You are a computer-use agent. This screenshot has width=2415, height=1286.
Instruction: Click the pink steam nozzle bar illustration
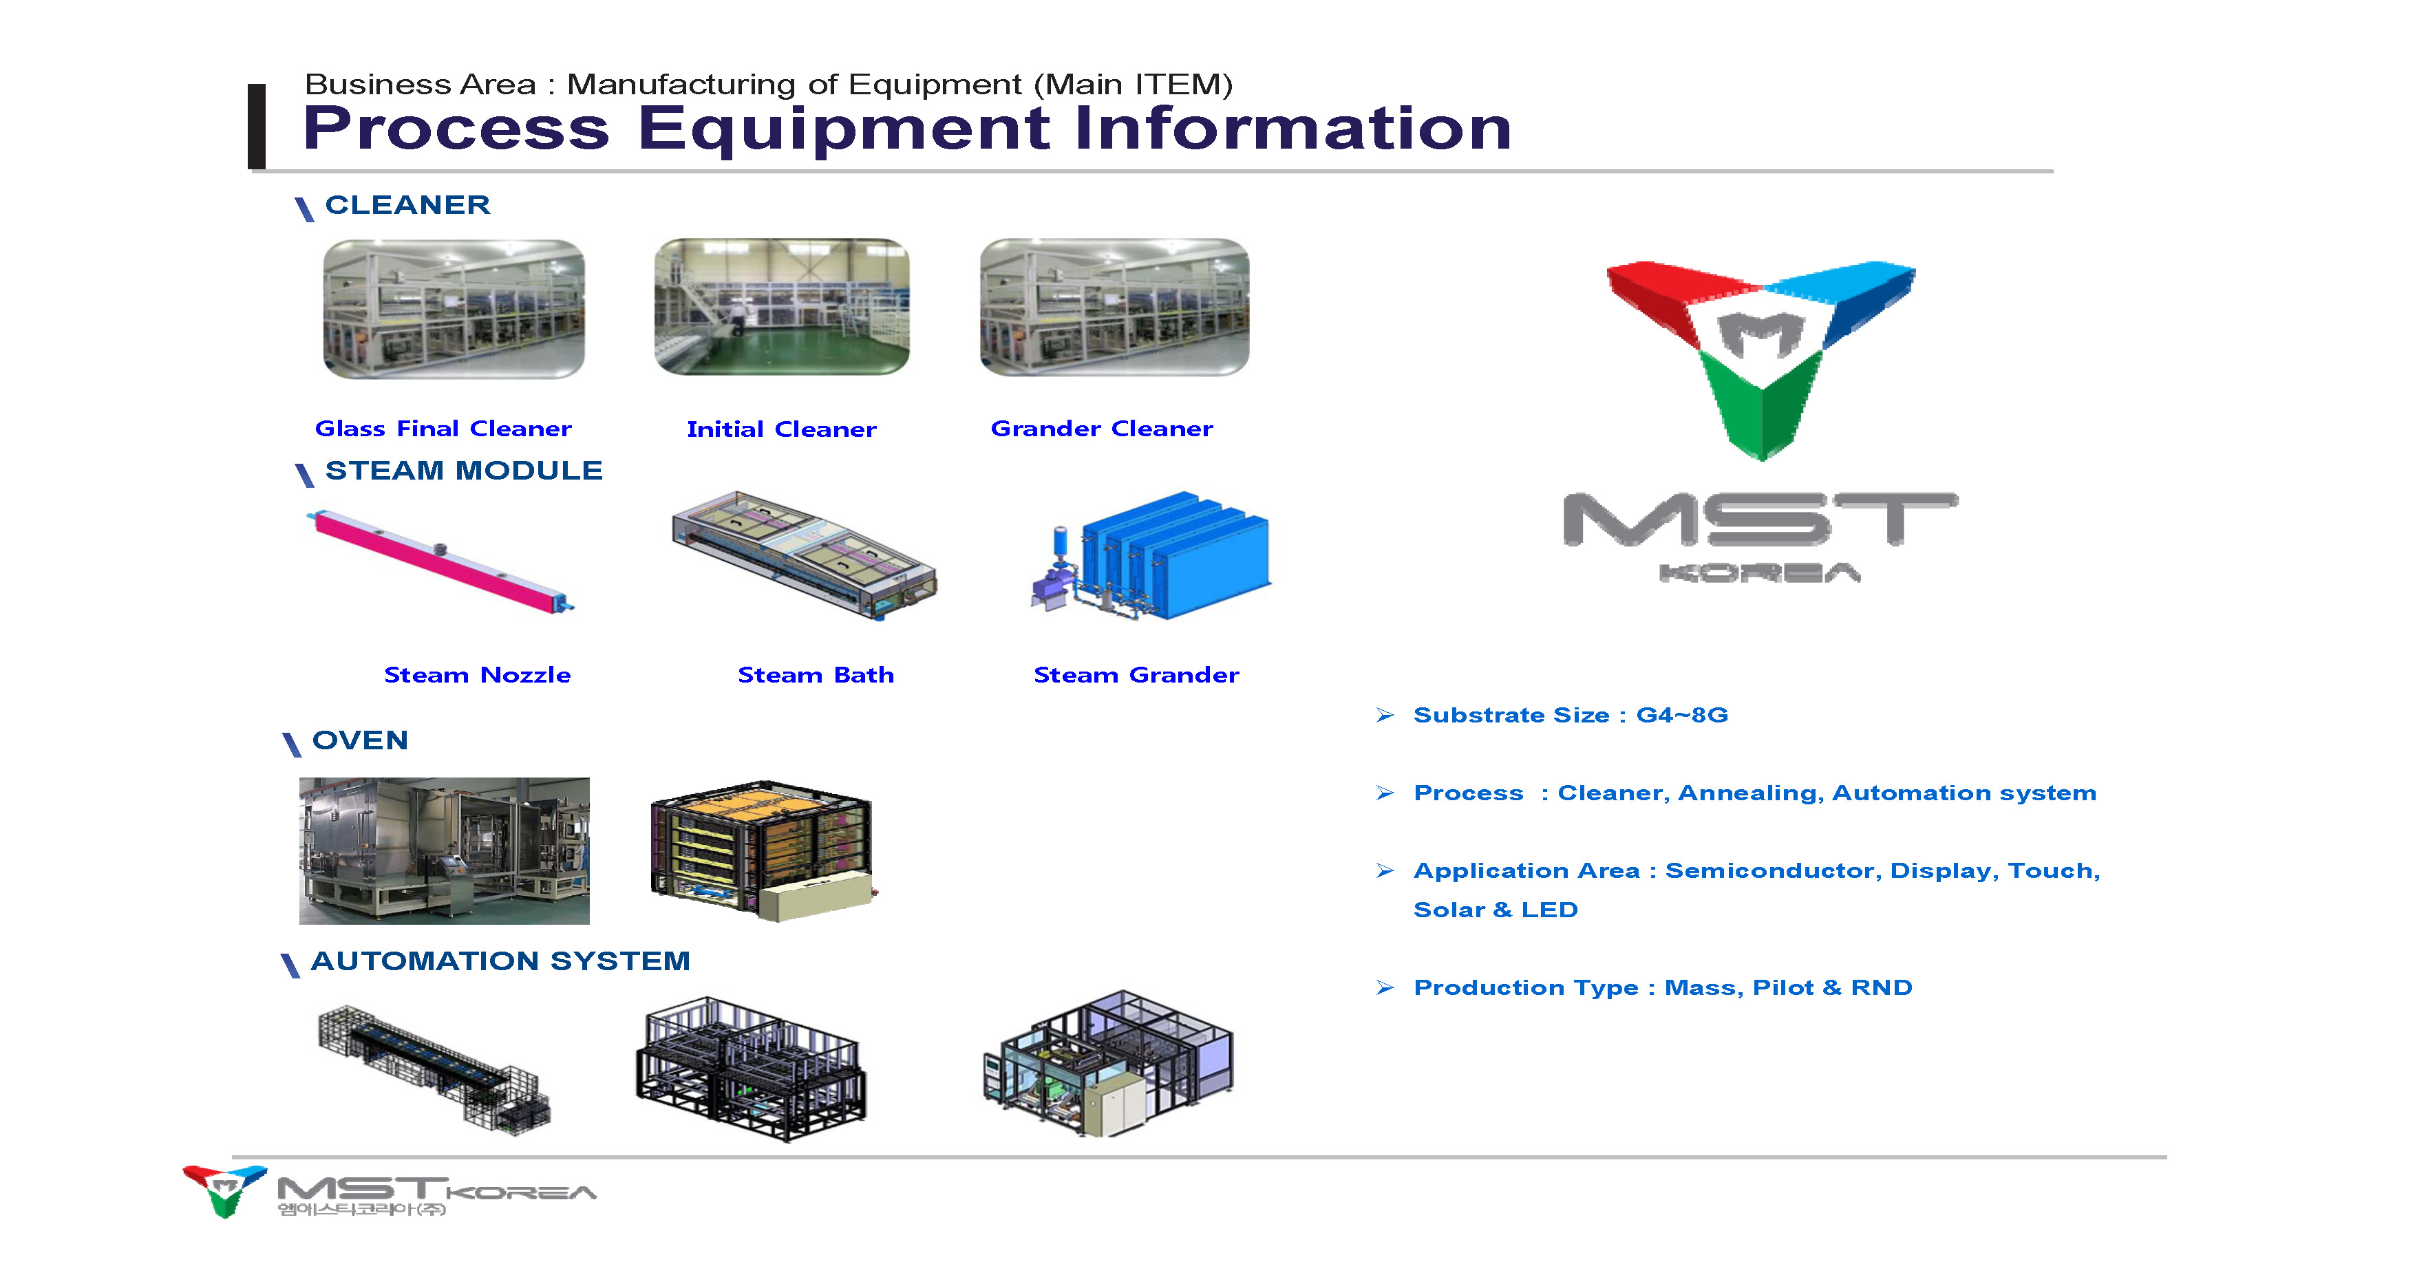click(x=440, y=561)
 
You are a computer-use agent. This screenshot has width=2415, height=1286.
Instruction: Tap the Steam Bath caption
click(x=816, y=675)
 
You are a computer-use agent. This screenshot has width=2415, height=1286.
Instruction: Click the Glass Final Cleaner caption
click(x=443, y=429)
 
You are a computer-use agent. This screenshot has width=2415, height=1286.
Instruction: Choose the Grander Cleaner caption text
click(x=1102, y=429)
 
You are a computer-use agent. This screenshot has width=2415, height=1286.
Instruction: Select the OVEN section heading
click(x=360, y=740)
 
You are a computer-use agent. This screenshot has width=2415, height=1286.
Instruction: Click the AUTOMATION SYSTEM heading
click(x=500, y=961)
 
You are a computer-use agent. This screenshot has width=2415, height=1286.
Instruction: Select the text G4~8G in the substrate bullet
click(x=1682, y=715)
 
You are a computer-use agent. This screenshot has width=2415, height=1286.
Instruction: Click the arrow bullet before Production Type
click(x=1385, y=988)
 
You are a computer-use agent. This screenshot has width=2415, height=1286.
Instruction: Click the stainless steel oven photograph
click(x=445, y=851)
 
